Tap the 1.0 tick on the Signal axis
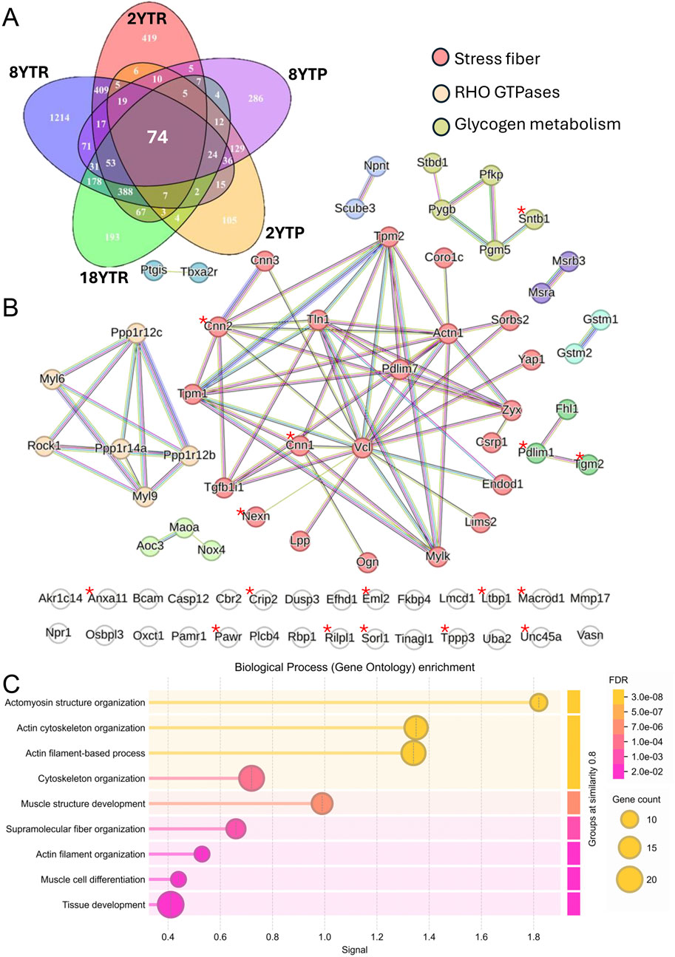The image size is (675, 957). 324,933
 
